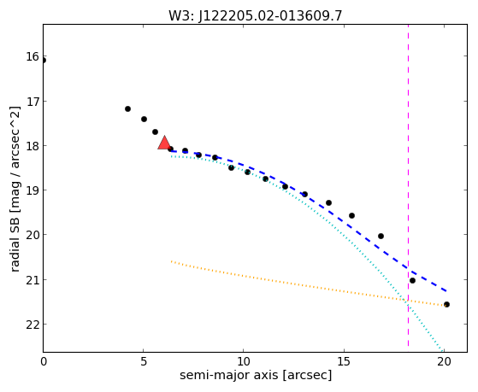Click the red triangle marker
[164, 143]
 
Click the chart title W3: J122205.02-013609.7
[256, 16]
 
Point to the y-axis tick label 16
[32, 56]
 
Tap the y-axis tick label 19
[32, 190]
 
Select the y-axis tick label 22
[32, 325]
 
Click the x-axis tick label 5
[144, 361]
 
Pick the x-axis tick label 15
[344, 361]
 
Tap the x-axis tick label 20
[444, 361]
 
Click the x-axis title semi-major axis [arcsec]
[256, 375]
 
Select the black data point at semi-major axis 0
[44, 61]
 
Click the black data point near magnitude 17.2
[127, 108]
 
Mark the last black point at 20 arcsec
[446, 304]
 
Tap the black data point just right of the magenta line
[412, 280]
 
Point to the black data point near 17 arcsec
[381, 236]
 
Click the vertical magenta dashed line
[408, 188]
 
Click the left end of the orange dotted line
[171, 261]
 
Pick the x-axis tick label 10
[243, 361]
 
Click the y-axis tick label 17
[32, 101]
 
